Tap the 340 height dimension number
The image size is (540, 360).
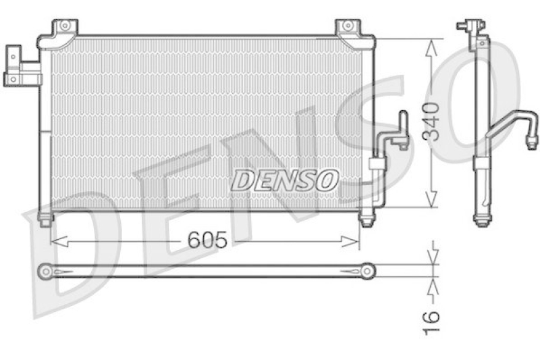435,122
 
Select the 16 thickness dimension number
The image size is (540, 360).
433,315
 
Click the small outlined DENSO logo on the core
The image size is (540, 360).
285,180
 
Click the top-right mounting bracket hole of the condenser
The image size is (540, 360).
347,26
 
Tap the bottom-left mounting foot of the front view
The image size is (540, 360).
45,219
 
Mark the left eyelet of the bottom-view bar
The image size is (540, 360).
46,271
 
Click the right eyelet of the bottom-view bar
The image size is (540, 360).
367,271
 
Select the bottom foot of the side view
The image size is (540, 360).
482,219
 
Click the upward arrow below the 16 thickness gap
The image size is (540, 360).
432,282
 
